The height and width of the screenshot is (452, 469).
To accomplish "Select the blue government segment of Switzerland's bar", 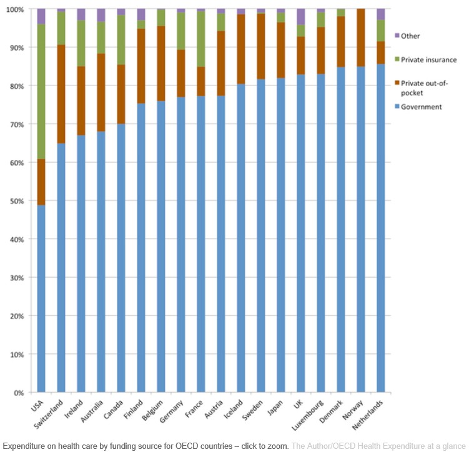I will pos(61,268).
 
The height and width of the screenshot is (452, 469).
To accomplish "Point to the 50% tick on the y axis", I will pos(16,201).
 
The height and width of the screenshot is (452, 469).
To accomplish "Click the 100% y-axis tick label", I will pos(14,9).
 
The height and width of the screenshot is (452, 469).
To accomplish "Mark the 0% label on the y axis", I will pos(18,393).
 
